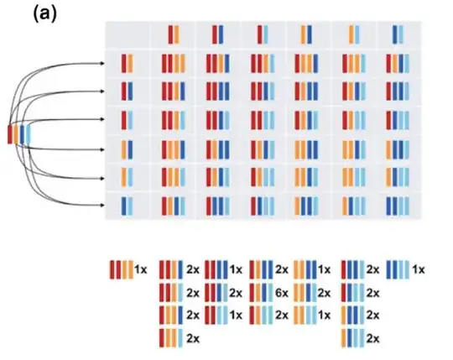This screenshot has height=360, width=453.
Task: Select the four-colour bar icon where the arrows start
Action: coord(18,133)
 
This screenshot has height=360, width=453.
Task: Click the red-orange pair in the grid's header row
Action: coord(173,34)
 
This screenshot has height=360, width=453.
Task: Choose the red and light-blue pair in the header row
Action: coord(263,34)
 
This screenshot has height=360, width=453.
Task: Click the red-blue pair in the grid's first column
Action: coord(127,91)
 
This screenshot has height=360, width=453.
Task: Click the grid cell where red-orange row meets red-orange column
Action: coord(173,64)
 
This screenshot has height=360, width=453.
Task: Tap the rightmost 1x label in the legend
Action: coord(419,270)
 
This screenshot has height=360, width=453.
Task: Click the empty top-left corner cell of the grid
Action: coord(127,34)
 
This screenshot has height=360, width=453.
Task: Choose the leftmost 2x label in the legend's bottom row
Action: coord(192,337)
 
